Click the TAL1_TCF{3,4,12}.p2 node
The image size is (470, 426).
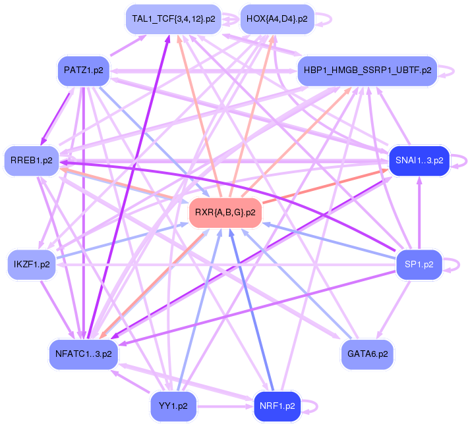tap(173, 19)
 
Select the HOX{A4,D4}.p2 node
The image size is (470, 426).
tap(276, 19)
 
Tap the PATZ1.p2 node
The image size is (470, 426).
tap(83, 70)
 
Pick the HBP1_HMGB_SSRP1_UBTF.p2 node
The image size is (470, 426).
tap(367, 70)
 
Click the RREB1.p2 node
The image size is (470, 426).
tap(31, 161)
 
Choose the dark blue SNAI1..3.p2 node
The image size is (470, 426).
tap(419, 161)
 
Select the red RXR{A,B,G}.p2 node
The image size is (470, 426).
tap(225, 212)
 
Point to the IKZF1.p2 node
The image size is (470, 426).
tap(31, 265)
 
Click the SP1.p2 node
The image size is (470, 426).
tap(419, 265)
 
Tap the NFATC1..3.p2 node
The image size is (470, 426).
tap(83, 354)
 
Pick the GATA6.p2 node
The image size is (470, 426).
tap(367, 354)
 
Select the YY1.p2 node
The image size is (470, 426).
tap(173, 406)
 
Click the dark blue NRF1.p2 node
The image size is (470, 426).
tap(276, 406)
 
